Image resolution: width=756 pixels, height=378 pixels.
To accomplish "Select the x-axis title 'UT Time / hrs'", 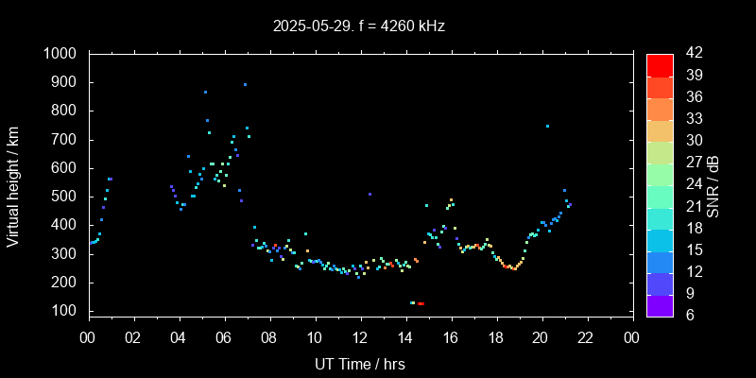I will [x=360, y=363].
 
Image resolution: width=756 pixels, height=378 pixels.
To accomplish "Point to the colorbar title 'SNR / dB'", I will [x=713, y=185].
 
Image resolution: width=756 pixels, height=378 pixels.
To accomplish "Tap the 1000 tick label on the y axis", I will [x=63, y=54].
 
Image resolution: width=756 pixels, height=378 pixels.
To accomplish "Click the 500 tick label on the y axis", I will [x=68, y=197].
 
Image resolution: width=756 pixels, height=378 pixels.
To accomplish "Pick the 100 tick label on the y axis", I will [x=68, y=311].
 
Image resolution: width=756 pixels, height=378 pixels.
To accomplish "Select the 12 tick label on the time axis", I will [x=360, y=337].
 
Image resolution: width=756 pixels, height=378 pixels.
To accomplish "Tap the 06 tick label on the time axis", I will [x=224, y=337].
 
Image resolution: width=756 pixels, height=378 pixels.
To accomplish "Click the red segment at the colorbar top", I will [x=660, y=64].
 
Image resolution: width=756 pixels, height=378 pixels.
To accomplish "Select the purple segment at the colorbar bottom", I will [x=660, y=304].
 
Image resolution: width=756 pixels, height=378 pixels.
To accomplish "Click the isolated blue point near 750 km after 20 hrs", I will [x=547, y=126].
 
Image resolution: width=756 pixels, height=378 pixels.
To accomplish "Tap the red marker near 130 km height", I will [x=421, y=303].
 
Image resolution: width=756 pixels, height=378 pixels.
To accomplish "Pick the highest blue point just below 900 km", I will [x=245, y=84].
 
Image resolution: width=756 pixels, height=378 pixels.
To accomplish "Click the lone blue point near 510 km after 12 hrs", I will [x=369, y=194].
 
